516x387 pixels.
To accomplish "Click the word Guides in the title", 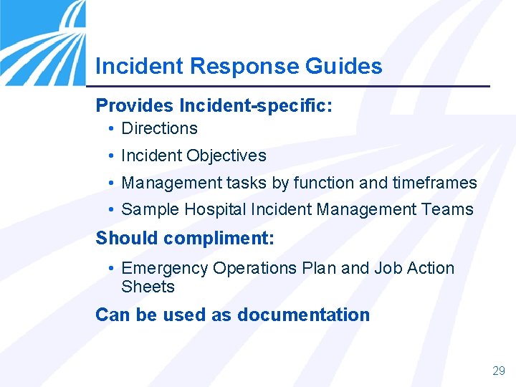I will click(x=343, y=67).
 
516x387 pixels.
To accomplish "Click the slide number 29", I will click(x=499, y=371).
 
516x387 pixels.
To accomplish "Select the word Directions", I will click(x=159, y=129).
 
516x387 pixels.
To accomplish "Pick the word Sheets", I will click(x=148, y=287).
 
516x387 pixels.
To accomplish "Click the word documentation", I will click(x=303, y=315).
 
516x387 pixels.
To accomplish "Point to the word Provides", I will click(x=134, y=105).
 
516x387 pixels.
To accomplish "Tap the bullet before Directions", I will click(x=111, y=130).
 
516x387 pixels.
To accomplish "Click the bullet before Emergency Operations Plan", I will click(x=111, y=269).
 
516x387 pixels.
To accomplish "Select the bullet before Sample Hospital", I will click(x=111, y=211).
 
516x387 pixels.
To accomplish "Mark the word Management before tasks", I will click(x=168, y=183).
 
